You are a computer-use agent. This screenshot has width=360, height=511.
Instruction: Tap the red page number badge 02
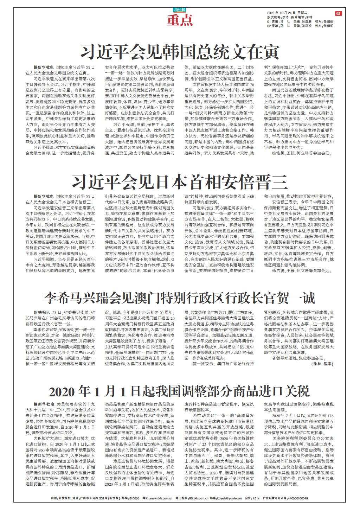point(338,13)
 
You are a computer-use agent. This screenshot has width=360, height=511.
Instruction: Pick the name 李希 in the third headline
point(59,299)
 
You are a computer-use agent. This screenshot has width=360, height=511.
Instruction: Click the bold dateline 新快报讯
point(42,312)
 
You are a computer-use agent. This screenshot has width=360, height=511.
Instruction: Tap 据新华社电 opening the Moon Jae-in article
point(44,66)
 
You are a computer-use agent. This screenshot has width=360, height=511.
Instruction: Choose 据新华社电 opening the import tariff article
point(44,404)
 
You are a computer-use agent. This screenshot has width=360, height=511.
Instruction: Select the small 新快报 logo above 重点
point(180,10)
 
